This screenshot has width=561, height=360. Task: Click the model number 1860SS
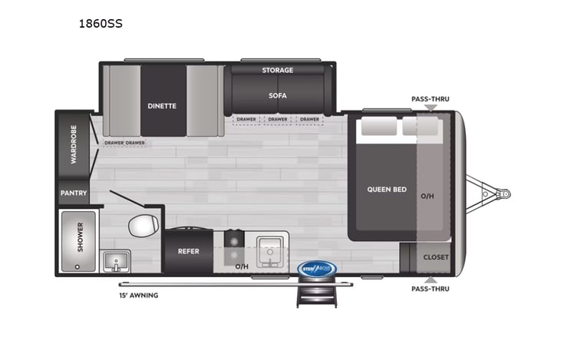point(101,24)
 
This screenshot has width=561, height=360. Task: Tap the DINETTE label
point(162,106)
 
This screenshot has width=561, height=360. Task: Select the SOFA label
point(277,96)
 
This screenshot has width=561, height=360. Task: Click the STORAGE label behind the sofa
point(277,71)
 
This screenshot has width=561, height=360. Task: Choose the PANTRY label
point(74,193)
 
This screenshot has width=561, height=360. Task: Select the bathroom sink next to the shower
point(117,261)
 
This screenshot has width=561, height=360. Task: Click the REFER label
point(189,250)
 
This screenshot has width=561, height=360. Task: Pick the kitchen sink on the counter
point(270,249)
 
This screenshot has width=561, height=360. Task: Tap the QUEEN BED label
point(388,190)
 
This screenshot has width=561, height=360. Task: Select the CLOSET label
point(435,257)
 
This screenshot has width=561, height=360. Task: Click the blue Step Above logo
point(316,269)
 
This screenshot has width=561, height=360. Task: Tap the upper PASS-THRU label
point(430,99)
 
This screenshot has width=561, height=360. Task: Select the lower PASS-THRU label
point(430,289)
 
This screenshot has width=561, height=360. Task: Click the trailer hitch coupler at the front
point(503,194)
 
